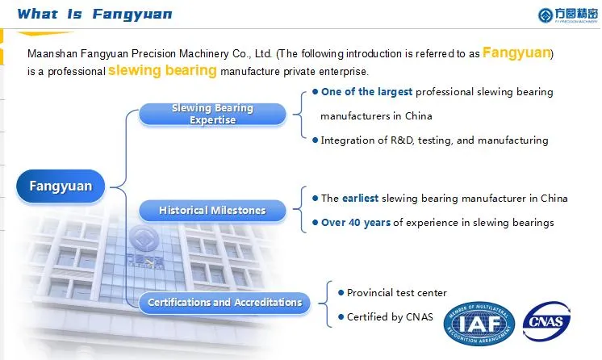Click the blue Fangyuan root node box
61,186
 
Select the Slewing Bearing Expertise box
213,114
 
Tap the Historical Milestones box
212,211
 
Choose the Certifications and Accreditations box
224,303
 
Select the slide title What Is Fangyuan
94,14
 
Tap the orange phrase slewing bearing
162,70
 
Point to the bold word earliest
360,199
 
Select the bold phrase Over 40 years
355,223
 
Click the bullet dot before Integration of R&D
316,140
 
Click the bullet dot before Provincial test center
341,292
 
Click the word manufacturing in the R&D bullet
512,140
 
